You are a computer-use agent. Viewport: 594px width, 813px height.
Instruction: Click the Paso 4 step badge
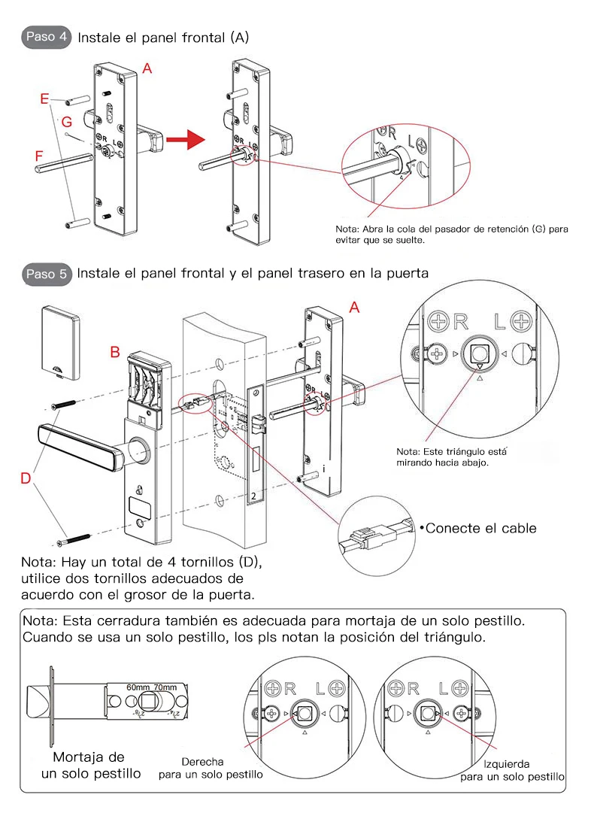pos(46,36)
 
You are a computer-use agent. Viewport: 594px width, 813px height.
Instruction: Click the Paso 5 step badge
pos(46,274)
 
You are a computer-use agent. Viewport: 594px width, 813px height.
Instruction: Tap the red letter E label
pos(44,99)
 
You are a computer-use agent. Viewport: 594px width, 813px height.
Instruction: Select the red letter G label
pos(66,121)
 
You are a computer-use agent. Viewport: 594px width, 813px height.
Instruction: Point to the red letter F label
pos(38,156)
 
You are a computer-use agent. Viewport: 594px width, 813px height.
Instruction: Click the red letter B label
pos(115,351)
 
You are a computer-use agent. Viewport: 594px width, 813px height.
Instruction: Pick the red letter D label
pos(26,478)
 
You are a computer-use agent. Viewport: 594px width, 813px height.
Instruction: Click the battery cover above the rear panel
pos(59,338)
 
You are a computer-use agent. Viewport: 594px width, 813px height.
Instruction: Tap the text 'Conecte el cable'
pos(480,528)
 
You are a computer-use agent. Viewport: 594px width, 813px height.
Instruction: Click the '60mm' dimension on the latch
pos(138,687)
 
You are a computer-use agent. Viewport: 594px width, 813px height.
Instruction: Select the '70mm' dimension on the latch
pos(165,687)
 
